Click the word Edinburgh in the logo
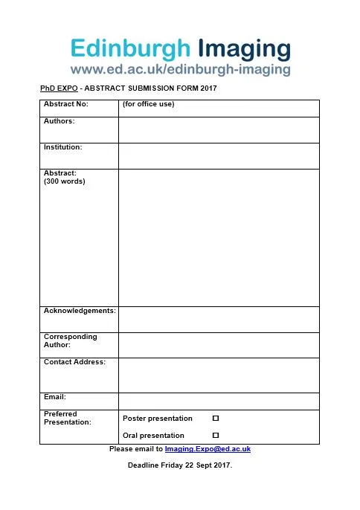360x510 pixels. pyautogui.click(x=130, y=49)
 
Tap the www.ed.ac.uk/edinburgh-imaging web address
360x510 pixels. pyautogui.click(x=180, y=70)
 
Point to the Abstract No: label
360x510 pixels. pyautogui.click(x=66, y=104)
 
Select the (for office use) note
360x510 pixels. pyautogui.click(x=149, y=104)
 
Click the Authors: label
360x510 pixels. pyautogui.click(x=60, y=120)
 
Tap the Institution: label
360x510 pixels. pyautogui.click(x=63, y=147)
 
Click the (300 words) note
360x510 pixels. pyautogui.click(x=65, y=181)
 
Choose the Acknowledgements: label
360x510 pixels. pyautogui.click(x=80, y=309)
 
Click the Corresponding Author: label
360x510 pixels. pyautogui.click(x=71, y=340)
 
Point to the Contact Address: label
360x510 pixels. pyautogui.click(x=74, y=362)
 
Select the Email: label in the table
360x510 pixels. pyautogui.click(x=55, y=396)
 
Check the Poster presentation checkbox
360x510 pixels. pyautogui.click(x=216, y=419)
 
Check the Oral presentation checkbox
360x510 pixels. pyautogui.click(x=216, y=435)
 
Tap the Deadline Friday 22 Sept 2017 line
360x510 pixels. pyautogui.click(x=180, y=465)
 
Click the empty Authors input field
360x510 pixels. pyautogui.click(x=219, y=129)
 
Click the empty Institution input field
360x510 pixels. pyautogui.click(x=219, y=155)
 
